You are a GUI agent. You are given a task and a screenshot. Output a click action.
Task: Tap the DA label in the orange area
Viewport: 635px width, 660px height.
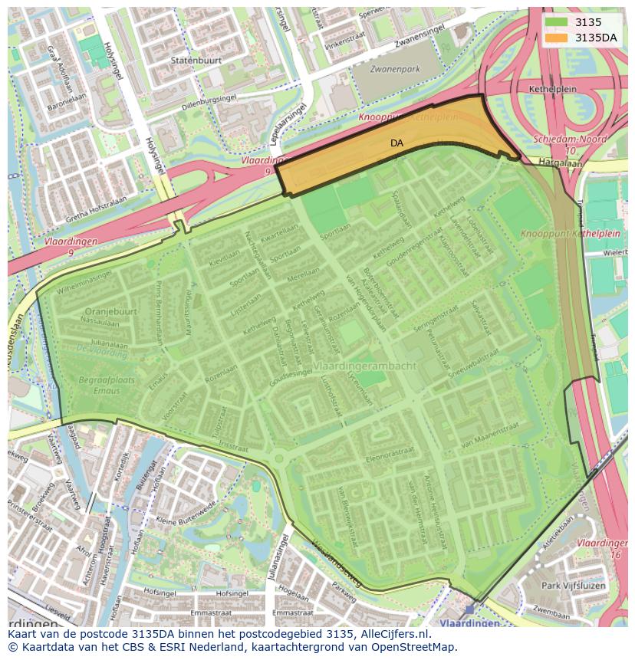pos(396,143)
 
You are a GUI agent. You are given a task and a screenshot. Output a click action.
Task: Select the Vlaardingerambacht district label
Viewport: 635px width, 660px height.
pos(364,366)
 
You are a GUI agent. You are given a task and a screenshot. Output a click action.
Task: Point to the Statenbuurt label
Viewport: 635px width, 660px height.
pos(175,58)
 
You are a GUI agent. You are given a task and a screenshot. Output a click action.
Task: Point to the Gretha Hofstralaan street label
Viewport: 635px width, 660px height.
pos(85,207)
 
